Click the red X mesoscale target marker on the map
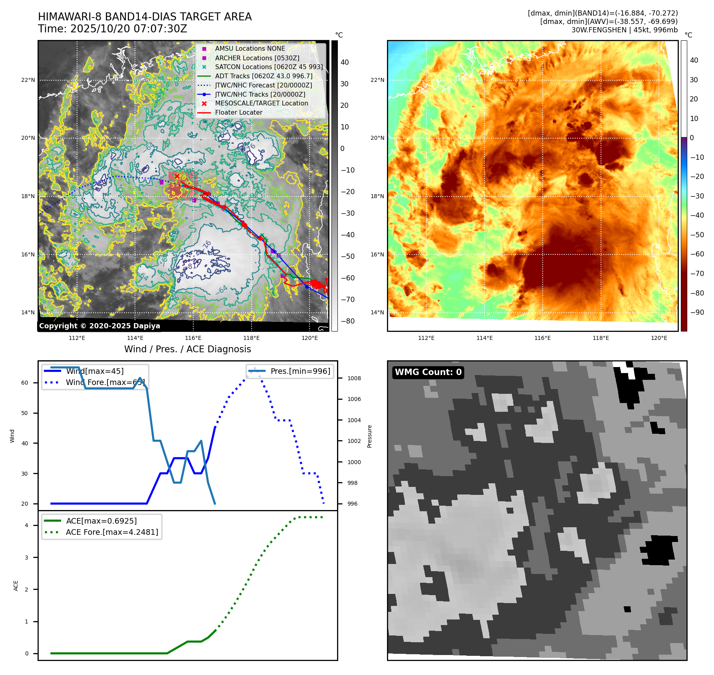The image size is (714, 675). click(177, 176)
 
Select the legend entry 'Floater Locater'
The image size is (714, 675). click(238, 113)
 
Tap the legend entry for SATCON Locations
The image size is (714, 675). click(268, 67)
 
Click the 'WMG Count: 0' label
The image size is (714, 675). click(428, 372)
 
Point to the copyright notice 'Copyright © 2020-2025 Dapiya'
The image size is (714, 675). click(99, 326)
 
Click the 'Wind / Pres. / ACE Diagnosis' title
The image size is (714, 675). click(187, 349)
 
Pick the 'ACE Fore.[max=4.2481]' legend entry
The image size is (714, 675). click(112, 532)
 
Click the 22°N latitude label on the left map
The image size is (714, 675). click(28, 80)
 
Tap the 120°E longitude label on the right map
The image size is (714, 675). click(659, 338)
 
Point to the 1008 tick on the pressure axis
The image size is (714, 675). click(354, 378)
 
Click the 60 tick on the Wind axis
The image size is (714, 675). click(25, 383)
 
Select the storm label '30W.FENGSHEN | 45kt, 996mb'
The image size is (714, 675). click(624, 30)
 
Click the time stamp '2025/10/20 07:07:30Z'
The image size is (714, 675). click(129, 29)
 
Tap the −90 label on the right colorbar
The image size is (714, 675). click(697, 312)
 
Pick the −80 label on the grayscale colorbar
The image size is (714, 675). click(347, 321)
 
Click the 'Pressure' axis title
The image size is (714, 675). click(369, 436)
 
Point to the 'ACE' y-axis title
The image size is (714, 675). click(16, 586)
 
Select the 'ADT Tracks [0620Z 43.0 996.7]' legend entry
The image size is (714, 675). click(264, 76)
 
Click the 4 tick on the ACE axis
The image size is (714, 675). click(27, 525)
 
